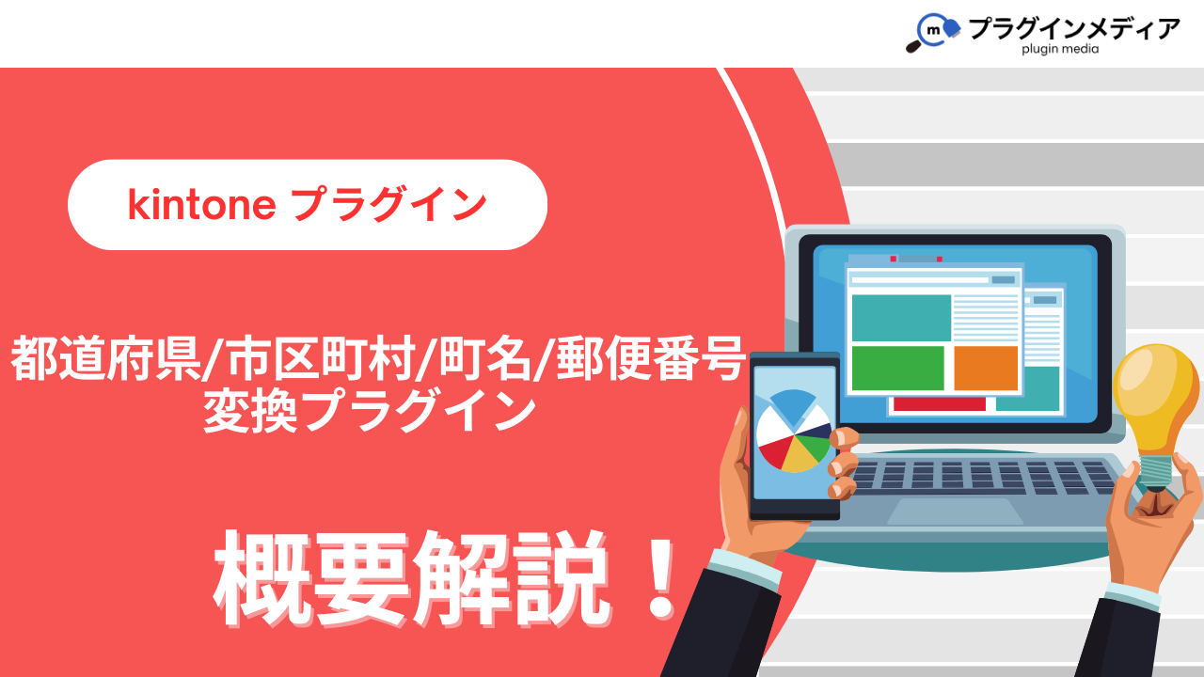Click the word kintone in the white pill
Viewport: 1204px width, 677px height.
[202, 205]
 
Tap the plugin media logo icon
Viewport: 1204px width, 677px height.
[933, 32]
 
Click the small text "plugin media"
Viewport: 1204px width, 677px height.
[1060, 50]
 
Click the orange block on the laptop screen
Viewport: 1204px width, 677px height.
[986, 368]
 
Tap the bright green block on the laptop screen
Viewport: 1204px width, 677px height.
[898, 368]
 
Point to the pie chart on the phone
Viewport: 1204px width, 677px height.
[794, 431]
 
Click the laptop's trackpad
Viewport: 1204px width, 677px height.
[955, 511]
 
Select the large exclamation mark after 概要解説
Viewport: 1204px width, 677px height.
[660, 579]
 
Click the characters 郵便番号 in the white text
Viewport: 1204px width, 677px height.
[651, 358]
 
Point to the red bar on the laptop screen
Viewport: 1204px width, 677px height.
[939, 404]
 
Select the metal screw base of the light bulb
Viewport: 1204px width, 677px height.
[1155, 472]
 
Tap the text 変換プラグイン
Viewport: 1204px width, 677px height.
[371, 411]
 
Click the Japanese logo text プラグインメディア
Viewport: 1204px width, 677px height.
[1074, 28]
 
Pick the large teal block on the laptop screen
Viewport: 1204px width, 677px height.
[901, 318]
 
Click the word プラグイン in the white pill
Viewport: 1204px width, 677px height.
[389, 205]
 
